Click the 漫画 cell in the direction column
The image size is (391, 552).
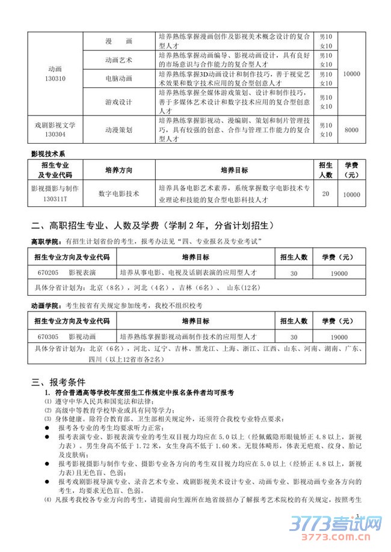(x=119, y=42)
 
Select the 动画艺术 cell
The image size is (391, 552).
(x=119, y=61)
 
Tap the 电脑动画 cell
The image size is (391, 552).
(x=119, y=78)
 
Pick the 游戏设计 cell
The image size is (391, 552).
(x=119, y=102)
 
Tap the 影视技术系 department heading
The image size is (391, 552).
(x=51, y=155)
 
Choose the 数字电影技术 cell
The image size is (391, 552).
(x=119, y=194)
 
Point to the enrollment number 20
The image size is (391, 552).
(x=325, y=194)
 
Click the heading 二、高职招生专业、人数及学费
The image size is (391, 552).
(x=153, y=226)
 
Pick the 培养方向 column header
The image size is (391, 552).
(x=119, y=170)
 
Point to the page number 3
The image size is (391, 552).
(x=357, y=516)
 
